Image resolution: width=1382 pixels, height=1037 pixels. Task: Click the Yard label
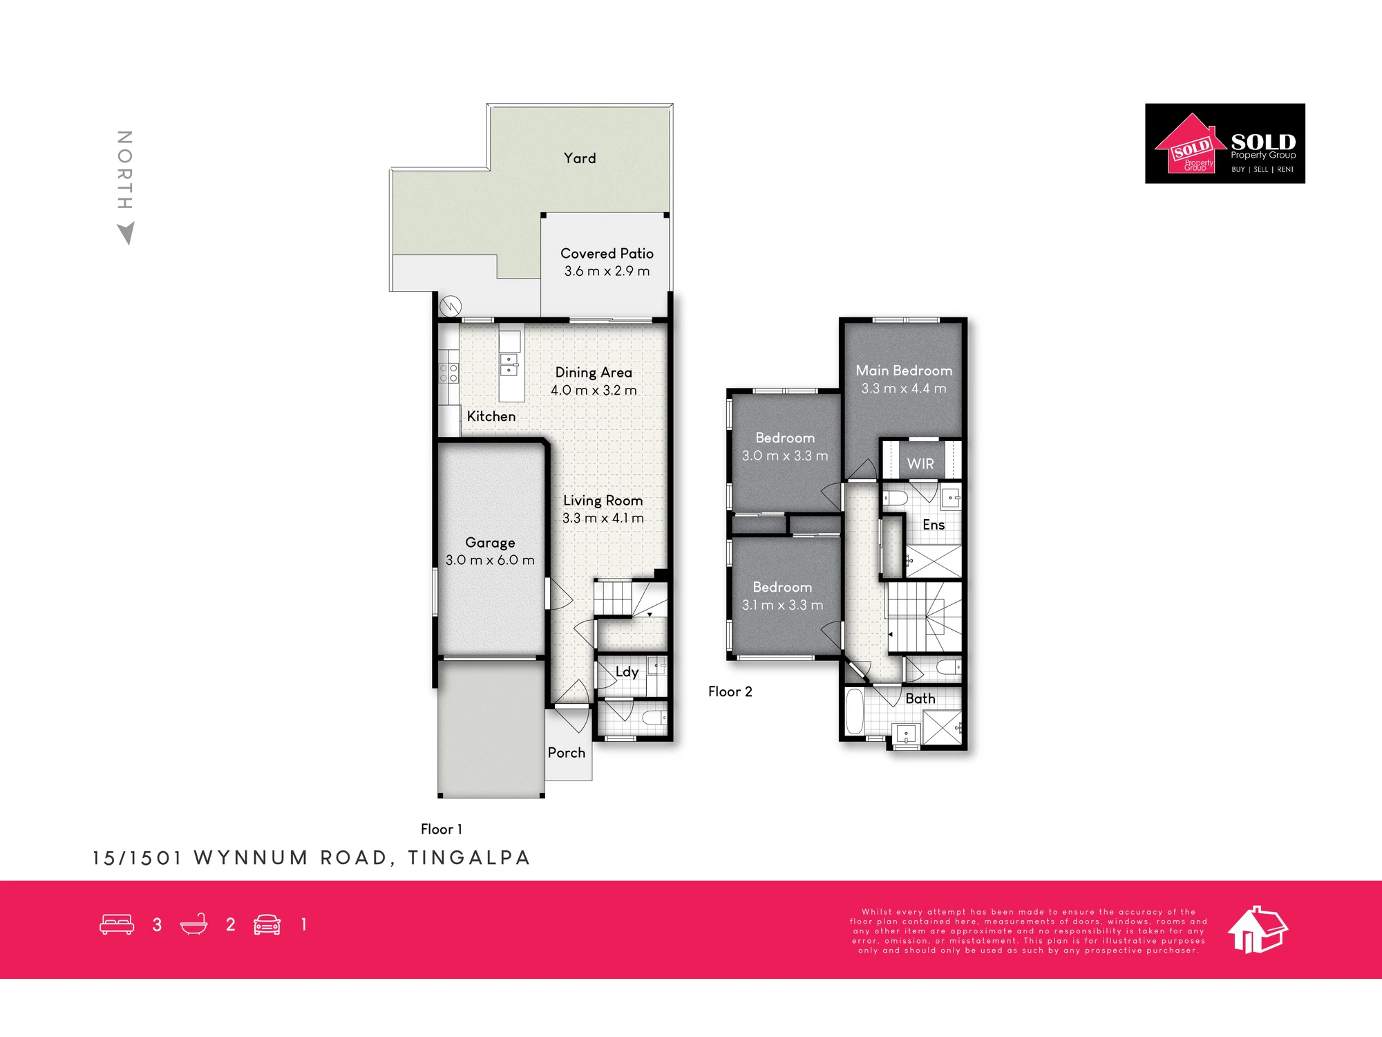pos(579,158)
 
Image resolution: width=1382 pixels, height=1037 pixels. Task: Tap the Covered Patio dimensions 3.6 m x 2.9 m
pos(607,271)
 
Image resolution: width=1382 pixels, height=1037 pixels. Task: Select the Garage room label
pos(490,543)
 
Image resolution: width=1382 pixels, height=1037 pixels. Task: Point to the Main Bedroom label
pos(904,371)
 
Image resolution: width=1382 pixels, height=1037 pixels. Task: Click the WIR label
pos(920,464)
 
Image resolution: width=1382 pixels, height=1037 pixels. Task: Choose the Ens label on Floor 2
pos(934,525)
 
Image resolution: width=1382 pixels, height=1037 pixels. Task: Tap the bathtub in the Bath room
pos(855,711)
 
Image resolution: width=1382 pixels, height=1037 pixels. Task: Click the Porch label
pos(567,753)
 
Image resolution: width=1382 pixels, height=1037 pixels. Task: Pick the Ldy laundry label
pos(627,672)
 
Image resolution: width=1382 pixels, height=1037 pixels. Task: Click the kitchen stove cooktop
pos(448,373)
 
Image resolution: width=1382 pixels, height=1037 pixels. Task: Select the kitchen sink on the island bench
pos(509,364)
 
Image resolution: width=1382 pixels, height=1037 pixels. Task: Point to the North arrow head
pos(126,233)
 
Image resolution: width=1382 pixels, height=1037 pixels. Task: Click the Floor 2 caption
pos(730,692)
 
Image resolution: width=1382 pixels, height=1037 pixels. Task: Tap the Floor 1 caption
pos(442,829)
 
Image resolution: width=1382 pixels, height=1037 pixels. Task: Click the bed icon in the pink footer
pos(117,924)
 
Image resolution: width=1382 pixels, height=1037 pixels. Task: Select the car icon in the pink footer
pos(267,924)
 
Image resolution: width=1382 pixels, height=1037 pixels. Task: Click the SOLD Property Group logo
pos(1225,144)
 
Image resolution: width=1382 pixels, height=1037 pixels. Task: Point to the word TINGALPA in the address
pos(468,858)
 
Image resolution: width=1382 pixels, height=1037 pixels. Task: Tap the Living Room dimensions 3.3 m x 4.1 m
pos(603,518)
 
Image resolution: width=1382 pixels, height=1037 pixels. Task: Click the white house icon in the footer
pos(1258,930)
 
